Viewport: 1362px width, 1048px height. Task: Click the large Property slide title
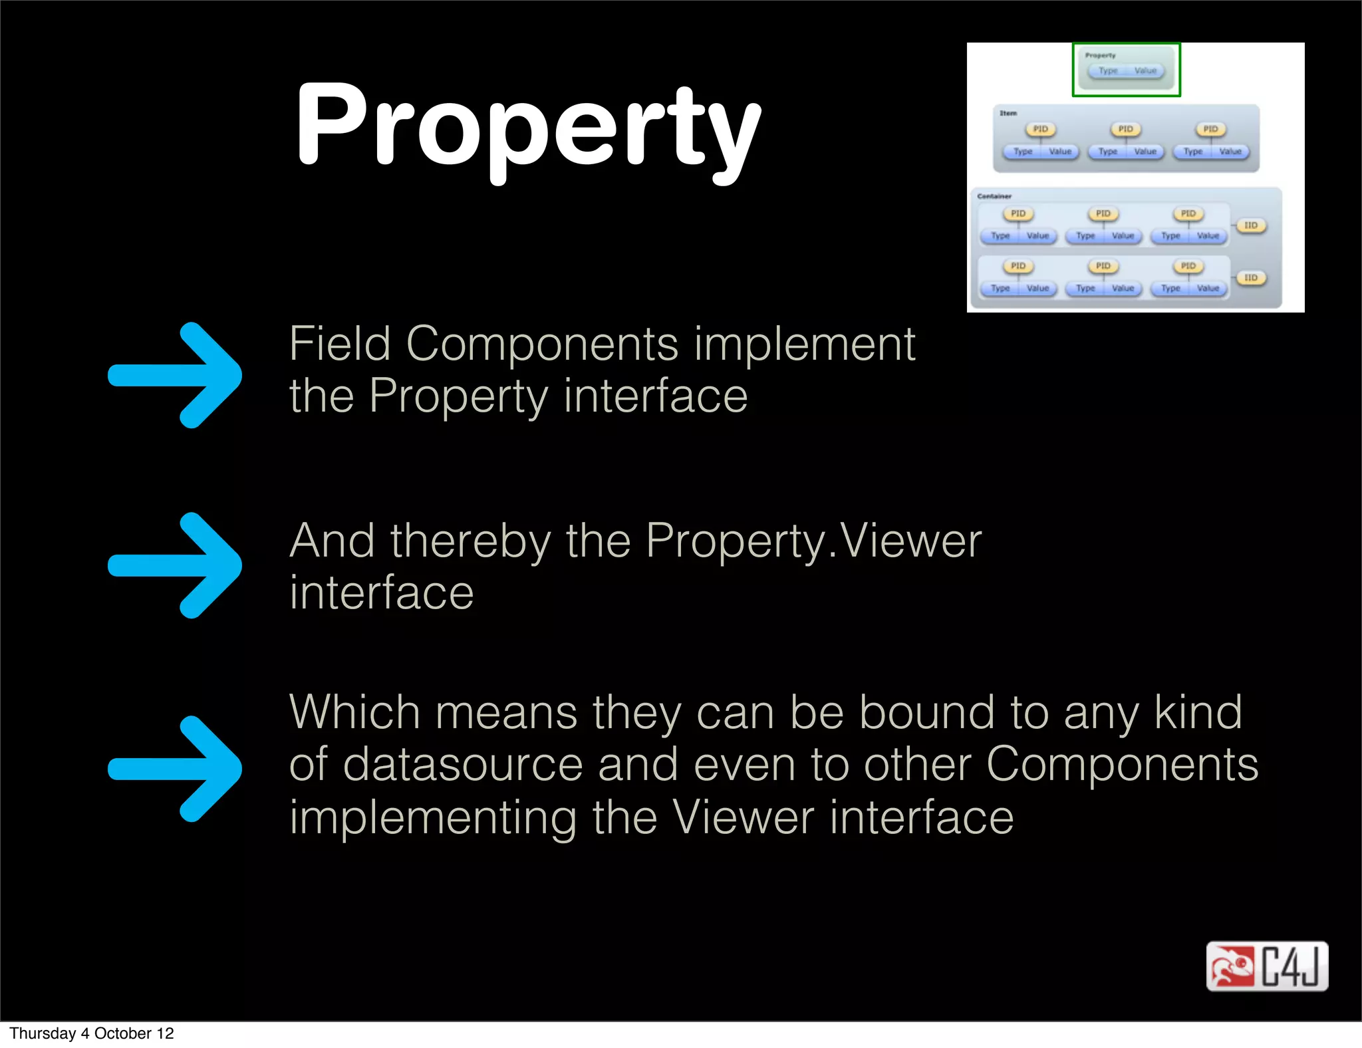tap(529, 126)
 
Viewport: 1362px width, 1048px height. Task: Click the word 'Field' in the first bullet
tap(340, 344)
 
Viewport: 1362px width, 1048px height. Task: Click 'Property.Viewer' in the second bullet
tap(813, 540)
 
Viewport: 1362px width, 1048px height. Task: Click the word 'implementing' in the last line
tap(432, 818)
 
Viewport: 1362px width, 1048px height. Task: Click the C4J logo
tap(1267, 966)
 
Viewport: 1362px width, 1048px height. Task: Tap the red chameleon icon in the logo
tap(1230, 966)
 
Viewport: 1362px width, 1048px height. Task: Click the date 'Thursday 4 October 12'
tap(92, 1033)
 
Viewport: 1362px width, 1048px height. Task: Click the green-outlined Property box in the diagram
tap(1126, 69)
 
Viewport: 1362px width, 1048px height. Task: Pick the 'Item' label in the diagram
tap(1008, 113)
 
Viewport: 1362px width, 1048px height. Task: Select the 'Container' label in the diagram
tap(994, 196)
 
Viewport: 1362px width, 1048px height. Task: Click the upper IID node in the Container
tap(1251, 225)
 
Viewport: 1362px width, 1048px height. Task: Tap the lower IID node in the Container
tap(1251, 277)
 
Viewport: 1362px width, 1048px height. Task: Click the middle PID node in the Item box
tap(1125, 129)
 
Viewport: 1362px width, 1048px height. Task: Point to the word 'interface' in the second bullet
tap(382, 592)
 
